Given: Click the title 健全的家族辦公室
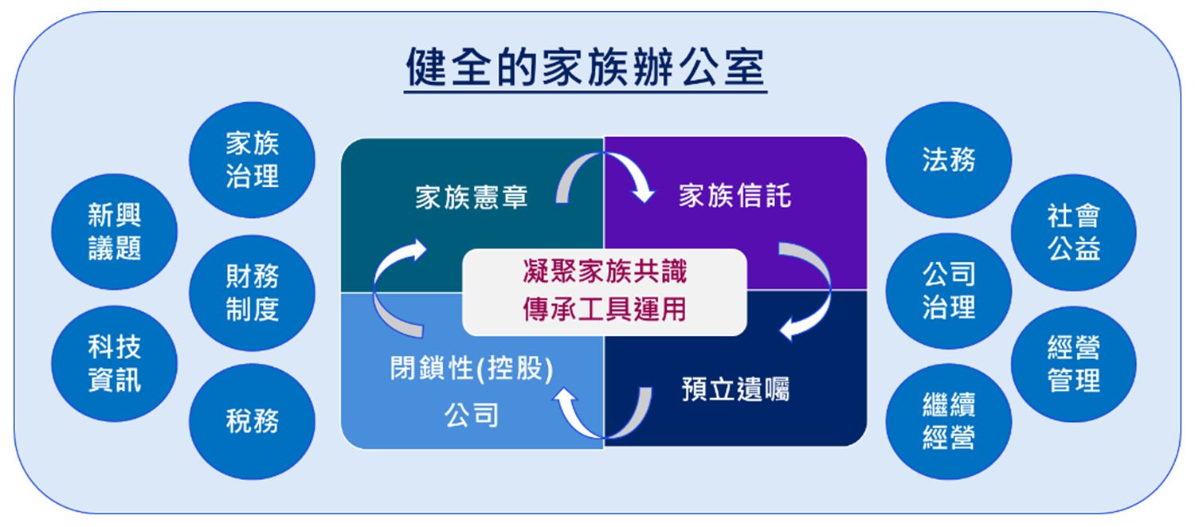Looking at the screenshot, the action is tap(586, 67).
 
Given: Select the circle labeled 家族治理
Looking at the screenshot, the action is tap(252, 159).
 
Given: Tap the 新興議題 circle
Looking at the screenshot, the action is tap(114, 232).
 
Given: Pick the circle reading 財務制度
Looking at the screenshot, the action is tap(252, 292).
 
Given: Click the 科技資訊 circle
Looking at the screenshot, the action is tap(114, 364).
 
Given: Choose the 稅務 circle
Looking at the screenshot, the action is tap(252, 421).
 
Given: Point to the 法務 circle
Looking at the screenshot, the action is tap(949, 159).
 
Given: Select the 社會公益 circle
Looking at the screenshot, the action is tap(1073, 232).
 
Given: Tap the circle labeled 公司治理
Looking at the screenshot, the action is tap(949, 291).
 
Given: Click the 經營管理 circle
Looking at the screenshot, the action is tap(1073, 365).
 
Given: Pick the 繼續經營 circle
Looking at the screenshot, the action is tap(949, 421).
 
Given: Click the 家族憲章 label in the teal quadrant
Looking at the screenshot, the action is tap(472, 197).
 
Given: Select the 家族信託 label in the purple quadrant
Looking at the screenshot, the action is tap(735, 195).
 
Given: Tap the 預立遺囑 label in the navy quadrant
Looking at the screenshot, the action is tap(735, 389).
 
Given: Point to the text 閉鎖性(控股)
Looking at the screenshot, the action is tap(472, 369).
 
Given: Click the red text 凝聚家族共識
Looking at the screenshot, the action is tap(605, 271).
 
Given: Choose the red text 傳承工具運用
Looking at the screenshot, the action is tap(605, 309).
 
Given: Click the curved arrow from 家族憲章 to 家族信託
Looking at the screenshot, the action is tap(605, 154).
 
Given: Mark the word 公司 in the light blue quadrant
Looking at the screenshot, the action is tap(472, 415).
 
